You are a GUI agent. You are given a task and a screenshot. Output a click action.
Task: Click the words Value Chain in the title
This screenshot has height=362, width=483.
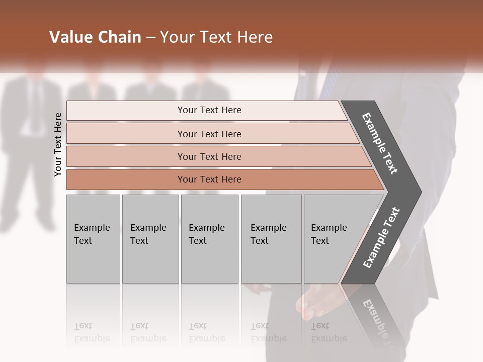(x=95, y=37)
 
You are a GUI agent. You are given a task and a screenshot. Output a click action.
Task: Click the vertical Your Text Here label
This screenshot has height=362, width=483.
(x=58, y=144)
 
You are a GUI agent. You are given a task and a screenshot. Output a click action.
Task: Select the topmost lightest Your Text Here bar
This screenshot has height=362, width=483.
(x=209, y=110)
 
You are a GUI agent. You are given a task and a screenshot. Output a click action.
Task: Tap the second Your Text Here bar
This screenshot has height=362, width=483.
(x=209, y=134)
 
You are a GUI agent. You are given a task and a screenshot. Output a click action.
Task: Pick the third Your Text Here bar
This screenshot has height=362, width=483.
(x=209, y=156)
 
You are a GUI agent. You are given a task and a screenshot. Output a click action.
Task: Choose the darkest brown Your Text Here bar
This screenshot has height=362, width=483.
(x=209, y=179)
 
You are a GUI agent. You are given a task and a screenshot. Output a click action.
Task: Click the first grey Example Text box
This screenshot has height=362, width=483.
(x=93, y=239)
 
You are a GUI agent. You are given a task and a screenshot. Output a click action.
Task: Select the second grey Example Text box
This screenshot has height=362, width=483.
(x=150, y=239)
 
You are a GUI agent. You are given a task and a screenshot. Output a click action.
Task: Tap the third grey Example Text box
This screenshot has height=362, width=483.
(x=209, y=239)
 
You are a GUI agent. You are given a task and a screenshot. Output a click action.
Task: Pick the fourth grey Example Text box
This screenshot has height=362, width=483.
(x=271, y=239)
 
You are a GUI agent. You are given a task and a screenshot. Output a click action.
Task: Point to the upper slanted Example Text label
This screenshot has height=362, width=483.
(x=380, y=143)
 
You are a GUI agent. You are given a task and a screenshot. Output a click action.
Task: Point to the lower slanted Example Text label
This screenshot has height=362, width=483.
(x=381, y=238)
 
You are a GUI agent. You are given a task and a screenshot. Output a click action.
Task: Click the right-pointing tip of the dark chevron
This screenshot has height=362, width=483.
(x=419, y=192)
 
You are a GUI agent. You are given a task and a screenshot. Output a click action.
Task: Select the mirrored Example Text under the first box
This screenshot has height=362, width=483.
(x=92, y=332)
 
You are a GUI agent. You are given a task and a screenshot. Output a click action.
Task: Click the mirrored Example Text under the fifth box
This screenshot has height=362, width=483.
(x=329, y=332)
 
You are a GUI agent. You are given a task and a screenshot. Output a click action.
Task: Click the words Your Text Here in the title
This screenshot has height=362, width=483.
(x=216, y=37)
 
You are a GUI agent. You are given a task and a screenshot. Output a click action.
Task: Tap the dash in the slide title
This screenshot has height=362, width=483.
(x=150, y=38)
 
